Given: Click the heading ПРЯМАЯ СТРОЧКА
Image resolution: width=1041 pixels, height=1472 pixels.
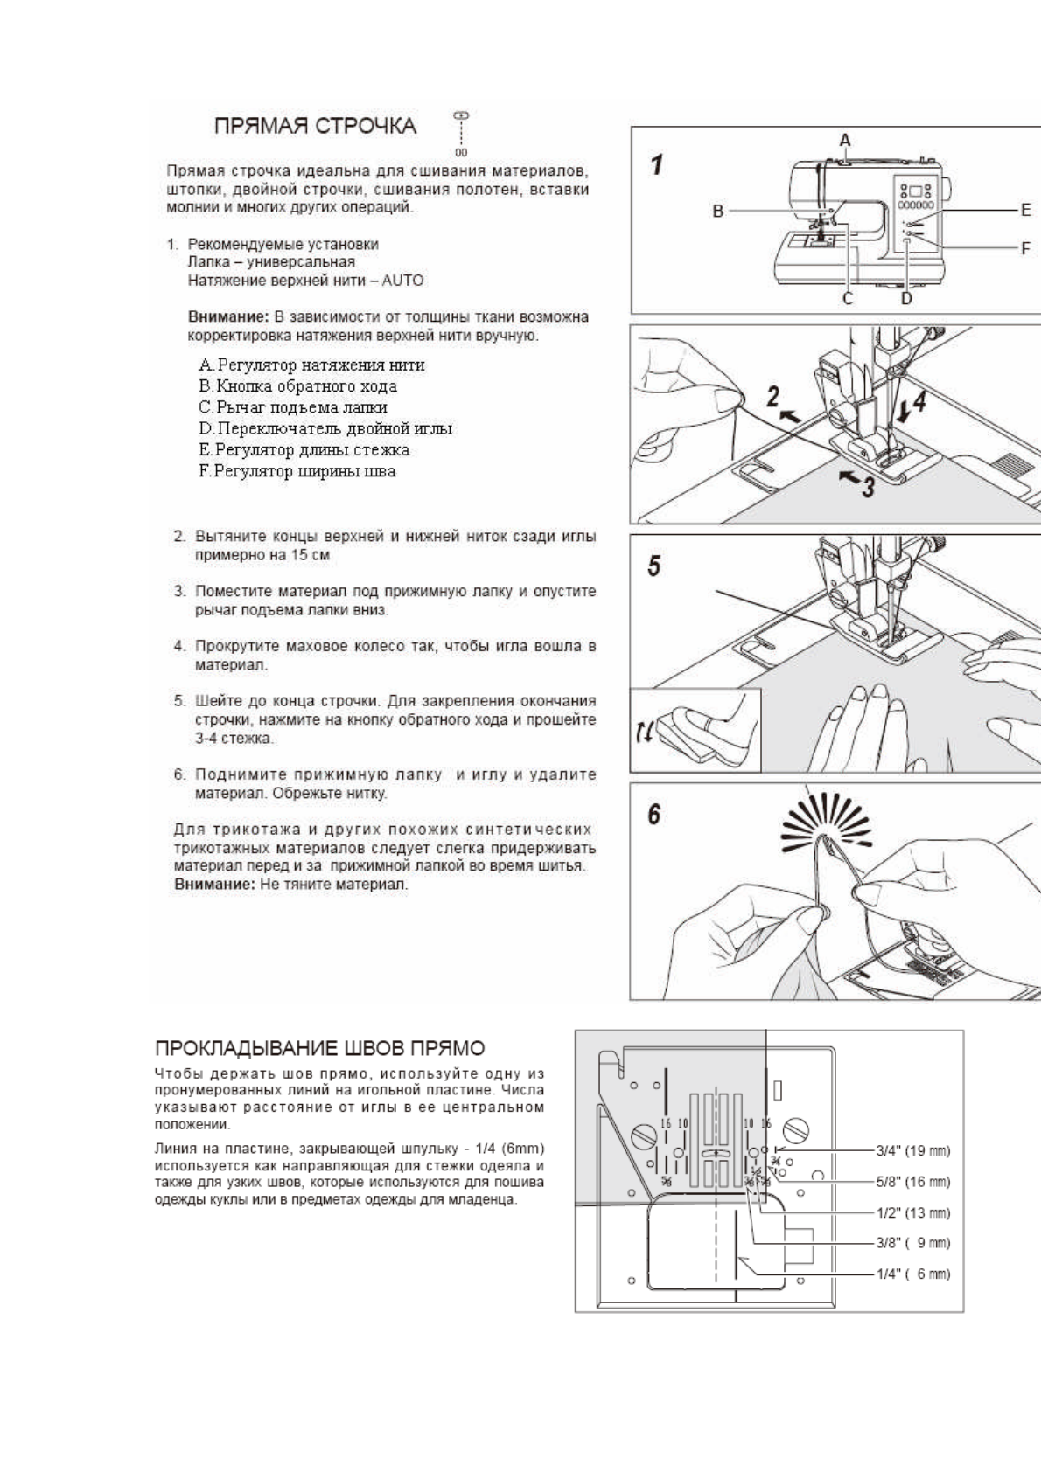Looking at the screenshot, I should [315, 126].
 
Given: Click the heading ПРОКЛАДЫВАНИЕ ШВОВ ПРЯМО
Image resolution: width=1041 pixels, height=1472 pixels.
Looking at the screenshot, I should [319, 1048].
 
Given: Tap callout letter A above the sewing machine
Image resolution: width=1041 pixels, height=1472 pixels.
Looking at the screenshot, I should [845, 140].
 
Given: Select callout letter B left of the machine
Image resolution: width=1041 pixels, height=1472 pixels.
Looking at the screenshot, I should [717, 211].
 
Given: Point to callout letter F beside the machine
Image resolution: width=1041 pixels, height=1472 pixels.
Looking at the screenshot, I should [1025, 248].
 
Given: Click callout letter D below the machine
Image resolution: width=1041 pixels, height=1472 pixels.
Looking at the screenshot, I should [906, 299].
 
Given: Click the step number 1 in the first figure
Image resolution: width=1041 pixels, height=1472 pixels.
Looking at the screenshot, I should [656, 164].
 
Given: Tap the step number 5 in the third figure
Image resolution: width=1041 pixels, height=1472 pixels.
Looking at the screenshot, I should [654, 566].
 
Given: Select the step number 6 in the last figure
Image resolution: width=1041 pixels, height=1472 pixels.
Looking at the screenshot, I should [654, 815].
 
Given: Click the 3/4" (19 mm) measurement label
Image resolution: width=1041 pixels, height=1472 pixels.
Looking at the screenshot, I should [913, 1150].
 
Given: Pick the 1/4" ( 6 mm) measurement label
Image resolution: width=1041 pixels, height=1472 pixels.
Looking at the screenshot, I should [913, 1274].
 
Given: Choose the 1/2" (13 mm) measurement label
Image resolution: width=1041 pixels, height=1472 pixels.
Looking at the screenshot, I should [913, 1212].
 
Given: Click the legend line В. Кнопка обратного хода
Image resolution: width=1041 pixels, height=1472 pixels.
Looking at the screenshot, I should [297, 386].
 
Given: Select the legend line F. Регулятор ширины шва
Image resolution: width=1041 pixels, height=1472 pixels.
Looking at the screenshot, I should [297, 471].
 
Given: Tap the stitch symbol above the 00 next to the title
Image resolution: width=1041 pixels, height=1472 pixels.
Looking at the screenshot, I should [461, 115].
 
